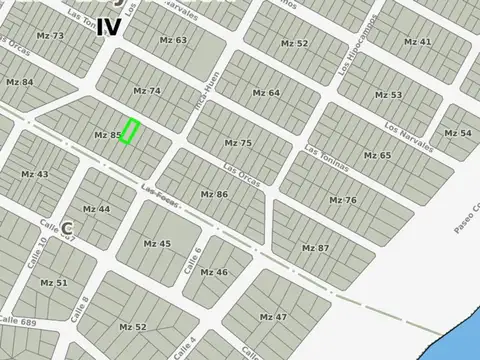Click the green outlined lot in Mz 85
[x=129, y=132]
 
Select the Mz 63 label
[x=173, y=40]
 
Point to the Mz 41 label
[x=418, y=42]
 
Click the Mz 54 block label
[x=458, y=133]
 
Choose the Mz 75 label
[x=238, y=143]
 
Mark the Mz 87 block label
[x=315, y=247]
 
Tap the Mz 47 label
[x=273, y=317]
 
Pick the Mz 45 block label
[x=157, y=243]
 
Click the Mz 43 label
[x=35, y=174]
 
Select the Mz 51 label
[x=54, y=283]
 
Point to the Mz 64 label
[x=266, y=92]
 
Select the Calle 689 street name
[x=18, y=322]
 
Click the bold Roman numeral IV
[x=109, y=27]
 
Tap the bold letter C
[x=67, y=228]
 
